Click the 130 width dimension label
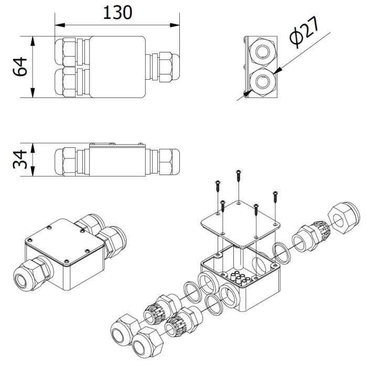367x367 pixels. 117,13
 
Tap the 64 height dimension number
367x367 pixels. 20,67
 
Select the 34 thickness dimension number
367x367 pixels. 20,159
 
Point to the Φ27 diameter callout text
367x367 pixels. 304,33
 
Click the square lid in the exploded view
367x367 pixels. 241,224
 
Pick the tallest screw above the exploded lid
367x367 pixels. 239,176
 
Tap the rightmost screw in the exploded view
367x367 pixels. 275,197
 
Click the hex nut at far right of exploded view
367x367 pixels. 343,217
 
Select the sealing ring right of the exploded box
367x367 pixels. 282,253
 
